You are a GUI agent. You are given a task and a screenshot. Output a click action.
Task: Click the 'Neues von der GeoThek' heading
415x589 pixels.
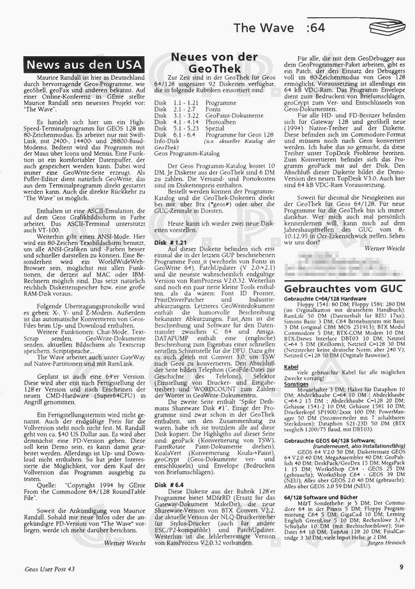point(215,63)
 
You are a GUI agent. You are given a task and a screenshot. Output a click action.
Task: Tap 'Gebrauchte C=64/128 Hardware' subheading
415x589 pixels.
point(326,299)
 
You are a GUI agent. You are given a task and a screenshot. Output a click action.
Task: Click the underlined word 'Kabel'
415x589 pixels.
point(291,367)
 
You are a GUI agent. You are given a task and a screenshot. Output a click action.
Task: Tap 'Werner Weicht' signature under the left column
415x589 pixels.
point(125,542)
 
